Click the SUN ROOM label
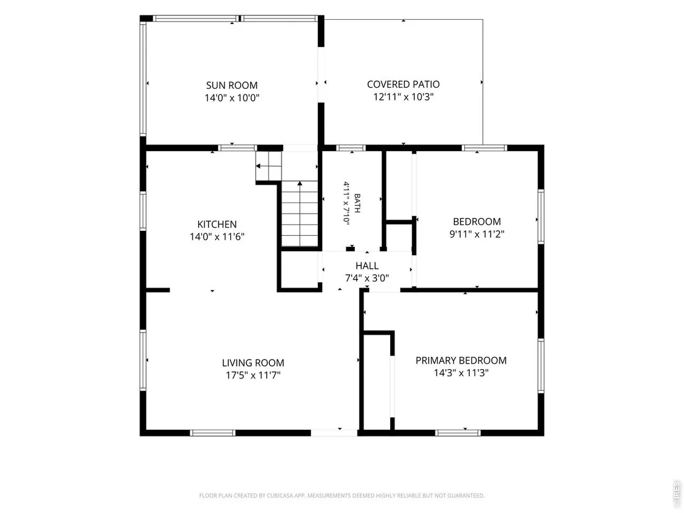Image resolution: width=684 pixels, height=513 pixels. click(231, 85)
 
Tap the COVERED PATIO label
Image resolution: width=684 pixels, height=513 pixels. click(403, 84)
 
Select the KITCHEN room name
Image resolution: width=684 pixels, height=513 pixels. click(217, 224)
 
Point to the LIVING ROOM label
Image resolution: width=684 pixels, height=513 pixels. click(253, 362)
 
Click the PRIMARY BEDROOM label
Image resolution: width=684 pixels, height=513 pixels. click(461, 361)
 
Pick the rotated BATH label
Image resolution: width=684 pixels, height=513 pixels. click(357, 203)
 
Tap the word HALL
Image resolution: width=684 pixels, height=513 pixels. click(367, 265)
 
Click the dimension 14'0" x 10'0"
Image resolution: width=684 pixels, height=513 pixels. click(232, 98)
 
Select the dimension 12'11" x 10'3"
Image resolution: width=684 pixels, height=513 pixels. click(403, 97)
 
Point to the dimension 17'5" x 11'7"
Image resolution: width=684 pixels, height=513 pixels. click(253, 375)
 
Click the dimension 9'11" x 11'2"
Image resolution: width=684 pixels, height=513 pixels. click(477, 234)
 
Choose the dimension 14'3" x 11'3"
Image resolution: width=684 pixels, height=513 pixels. click(461, 373)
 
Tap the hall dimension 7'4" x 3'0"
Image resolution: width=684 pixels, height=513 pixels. click(367, 278)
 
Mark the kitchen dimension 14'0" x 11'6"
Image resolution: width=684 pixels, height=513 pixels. click(217, 237)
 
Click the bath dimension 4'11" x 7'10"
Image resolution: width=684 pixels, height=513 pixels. click(346, 202)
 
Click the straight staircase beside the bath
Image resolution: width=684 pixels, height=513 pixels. click(299, 214)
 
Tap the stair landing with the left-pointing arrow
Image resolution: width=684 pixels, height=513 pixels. click(269, 166)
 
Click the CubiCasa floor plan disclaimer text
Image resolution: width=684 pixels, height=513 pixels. click(341, 496)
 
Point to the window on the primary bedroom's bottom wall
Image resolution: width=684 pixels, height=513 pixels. click(457, 433)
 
